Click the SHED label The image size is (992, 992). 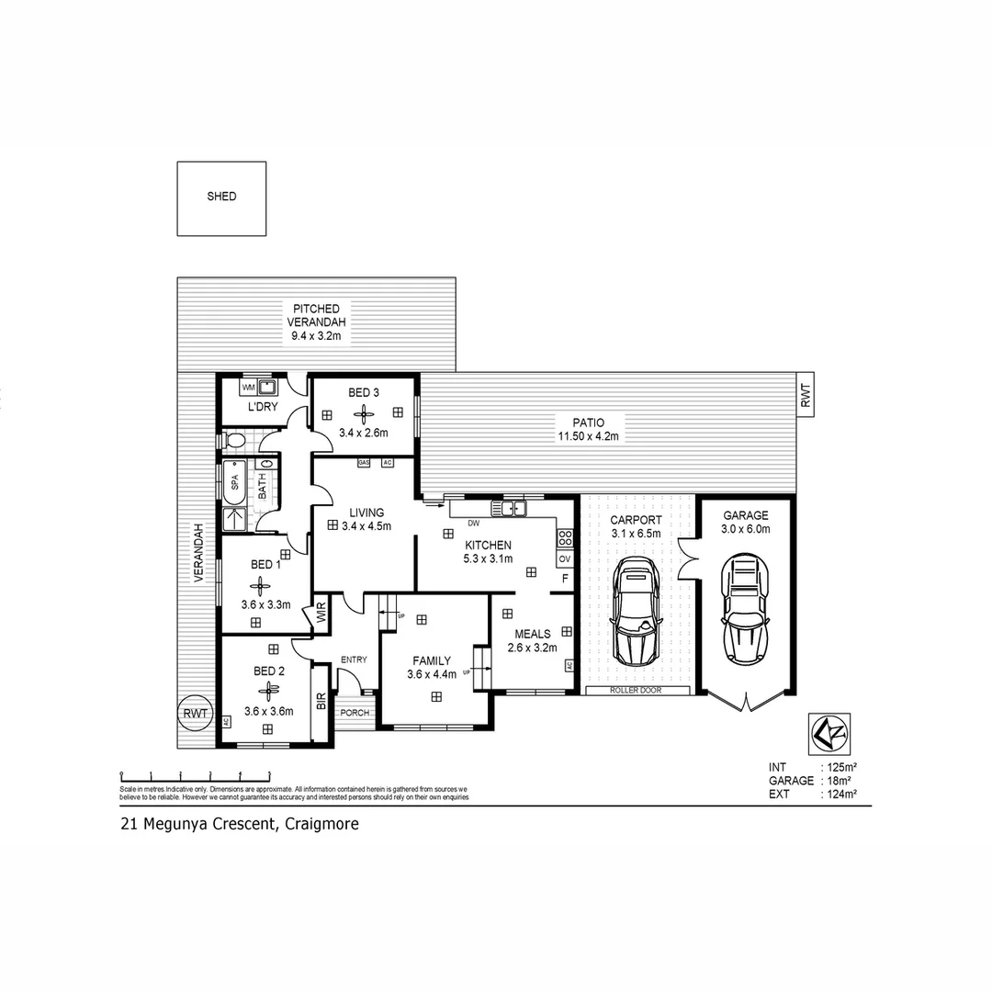(221, 197)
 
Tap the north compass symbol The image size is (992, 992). (829, 732)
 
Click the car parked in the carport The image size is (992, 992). (635, 611)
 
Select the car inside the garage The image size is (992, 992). (745, 607)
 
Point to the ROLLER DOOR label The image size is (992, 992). (636, 690)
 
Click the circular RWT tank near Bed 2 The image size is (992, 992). (196, 713)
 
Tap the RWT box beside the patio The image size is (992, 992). (806, 396)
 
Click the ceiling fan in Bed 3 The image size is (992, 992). (363, 414)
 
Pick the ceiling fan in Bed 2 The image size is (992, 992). (267, 691)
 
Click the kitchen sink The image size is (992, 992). (508, 508)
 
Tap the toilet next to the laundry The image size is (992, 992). (234, 442)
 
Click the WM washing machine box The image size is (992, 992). (249, 388)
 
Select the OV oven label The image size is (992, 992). (564, 558)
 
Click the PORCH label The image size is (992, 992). (354, 713)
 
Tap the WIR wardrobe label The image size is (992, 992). (321, 614)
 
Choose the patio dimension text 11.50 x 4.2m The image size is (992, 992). (589, 436)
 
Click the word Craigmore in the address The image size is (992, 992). (321, 824)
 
